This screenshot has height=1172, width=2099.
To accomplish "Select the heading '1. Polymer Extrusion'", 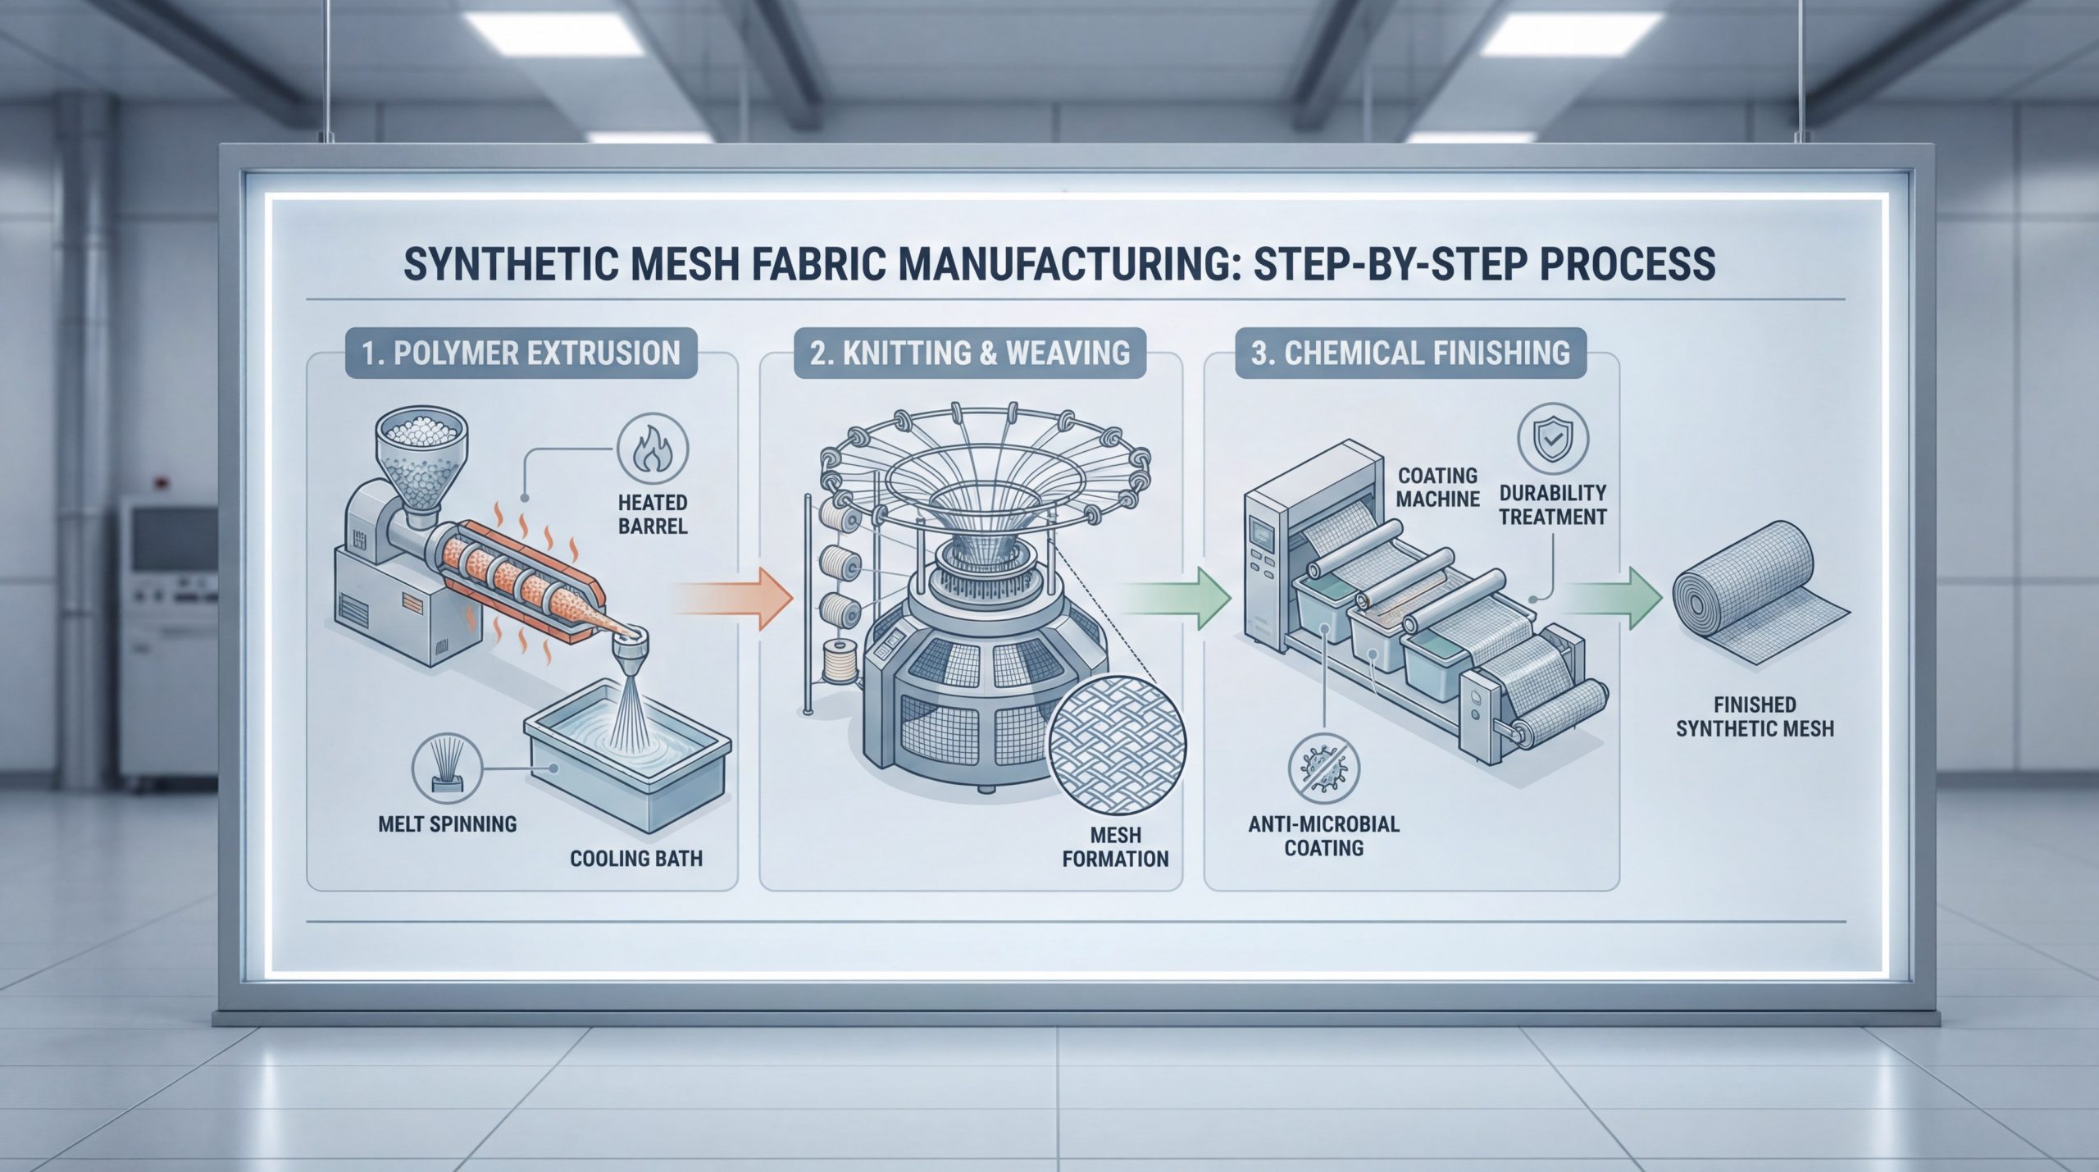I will click(521, 353).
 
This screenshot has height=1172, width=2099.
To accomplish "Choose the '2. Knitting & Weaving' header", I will click(970, 353).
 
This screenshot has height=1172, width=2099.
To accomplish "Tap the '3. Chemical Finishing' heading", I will click(1410, 353).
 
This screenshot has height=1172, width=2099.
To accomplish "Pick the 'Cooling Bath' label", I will click(636, 859).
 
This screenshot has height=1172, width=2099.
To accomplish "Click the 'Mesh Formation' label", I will click(1115, 847).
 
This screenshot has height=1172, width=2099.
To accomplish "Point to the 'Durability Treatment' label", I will click(1552, 504).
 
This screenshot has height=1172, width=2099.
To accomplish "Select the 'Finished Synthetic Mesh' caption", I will click(1755, 717).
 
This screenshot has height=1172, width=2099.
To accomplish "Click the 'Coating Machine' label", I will click(1437, 486).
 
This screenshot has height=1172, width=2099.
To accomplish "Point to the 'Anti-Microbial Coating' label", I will click(1323, 836).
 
